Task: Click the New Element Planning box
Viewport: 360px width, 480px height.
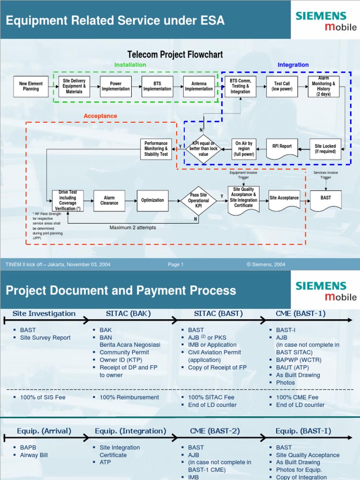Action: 31,86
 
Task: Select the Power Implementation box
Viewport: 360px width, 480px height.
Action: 116,86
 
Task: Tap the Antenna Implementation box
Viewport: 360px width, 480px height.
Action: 199,86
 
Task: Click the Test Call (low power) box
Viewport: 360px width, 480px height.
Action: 282,86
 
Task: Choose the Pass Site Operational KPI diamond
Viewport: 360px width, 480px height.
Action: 198,200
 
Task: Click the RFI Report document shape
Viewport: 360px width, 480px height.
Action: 282,147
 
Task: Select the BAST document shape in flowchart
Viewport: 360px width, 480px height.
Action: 326,199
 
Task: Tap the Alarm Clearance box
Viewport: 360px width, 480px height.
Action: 109,200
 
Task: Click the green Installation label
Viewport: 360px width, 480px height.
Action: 130,65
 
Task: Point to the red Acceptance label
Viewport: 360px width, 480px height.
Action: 100,116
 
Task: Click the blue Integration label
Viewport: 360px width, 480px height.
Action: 293,65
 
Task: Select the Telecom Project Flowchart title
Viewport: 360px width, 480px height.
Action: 175,55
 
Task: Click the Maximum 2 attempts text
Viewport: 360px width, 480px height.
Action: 133,228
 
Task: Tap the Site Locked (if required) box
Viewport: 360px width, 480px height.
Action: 325,149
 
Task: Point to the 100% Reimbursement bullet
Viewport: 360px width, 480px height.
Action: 129,397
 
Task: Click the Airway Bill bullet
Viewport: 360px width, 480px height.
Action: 34,455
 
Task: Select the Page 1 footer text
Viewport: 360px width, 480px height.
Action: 176,264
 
